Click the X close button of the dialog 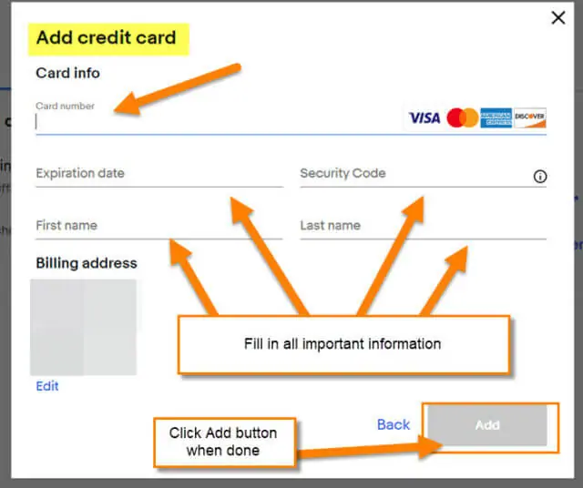558,17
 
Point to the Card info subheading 67,73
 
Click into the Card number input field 220,122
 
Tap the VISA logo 424,118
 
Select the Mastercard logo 463,117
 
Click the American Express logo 496,118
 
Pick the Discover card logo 530,118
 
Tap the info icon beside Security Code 540,177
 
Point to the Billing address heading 87,263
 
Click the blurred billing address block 83,327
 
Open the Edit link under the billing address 47,386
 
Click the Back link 394,424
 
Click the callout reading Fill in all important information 343,344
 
